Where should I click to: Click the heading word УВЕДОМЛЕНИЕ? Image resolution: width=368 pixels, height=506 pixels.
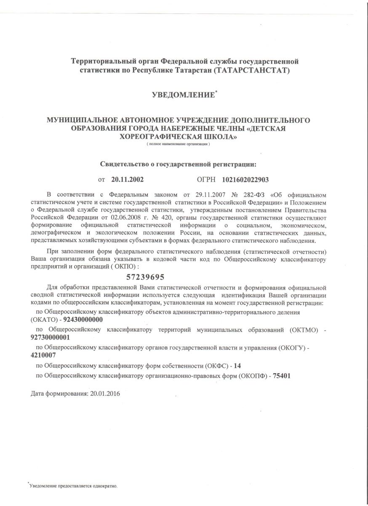[183, 96]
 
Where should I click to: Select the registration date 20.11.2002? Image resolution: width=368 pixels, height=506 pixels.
[128, 179]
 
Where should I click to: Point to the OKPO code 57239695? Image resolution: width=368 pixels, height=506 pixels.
[145, 277]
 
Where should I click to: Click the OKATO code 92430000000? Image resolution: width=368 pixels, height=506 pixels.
[83, 320]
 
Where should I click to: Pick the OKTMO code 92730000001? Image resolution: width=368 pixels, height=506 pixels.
[51, 337]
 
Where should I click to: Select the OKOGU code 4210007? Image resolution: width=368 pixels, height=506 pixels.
[43, 355]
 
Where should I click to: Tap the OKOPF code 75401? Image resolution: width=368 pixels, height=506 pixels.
[282, 375]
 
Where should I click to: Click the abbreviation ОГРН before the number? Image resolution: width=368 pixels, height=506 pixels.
[206, 179]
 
